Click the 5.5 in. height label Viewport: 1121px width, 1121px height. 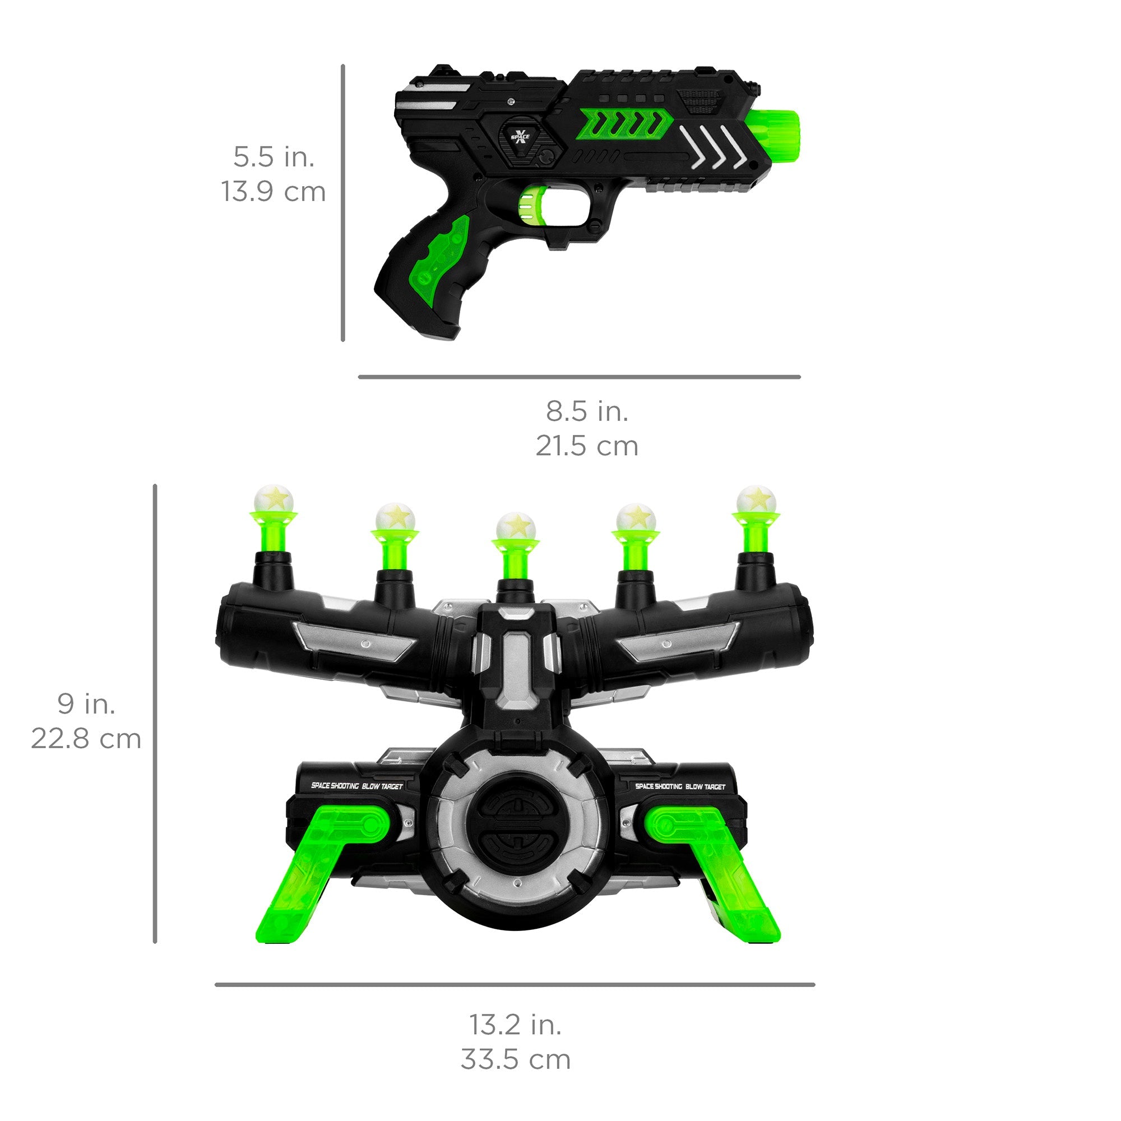tap(274, 158)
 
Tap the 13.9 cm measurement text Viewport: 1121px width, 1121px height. tap(274, 192)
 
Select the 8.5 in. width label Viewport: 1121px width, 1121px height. tap(587, 411)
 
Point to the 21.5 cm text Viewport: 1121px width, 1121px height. tap(587, 446)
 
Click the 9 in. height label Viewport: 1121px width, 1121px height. tap(86, 704)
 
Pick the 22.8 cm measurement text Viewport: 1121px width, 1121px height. tap(86, 739)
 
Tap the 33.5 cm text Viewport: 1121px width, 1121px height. tap(515, 1059)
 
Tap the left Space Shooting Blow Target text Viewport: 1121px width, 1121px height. tap(356, 786)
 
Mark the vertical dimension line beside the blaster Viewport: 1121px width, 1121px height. tap(343, 203)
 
